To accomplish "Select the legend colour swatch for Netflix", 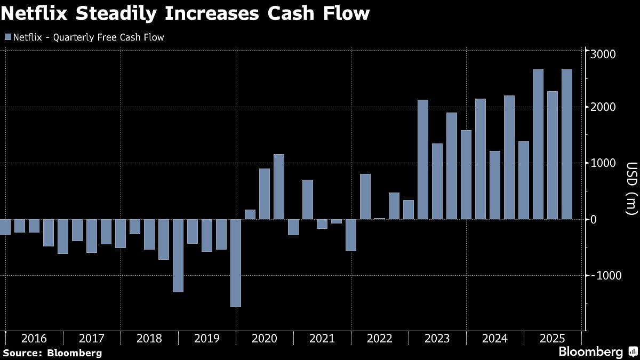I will (x=7, y=37).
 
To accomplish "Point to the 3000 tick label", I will (x=603, y=54).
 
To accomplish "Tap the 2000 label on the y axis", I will (x=603, y=107).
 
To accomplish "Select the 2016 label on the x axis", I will (x=34, y=339).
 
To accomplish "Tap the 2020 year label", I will (x=264, y=339).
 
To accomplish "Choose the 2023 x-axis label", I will (x=437, y=339).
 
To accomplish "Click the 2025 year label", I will (x=552, y=339).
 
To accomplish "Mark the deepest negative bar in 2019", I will (x=235, y=263).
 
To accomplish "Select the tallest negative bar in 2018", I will (x=178, y=255).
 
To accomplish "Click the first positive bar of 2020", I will (x=250, y=214).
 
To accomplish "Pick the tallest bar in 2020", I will (x=278, y=187).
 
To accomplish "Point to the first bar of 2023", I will (x=422, y=159).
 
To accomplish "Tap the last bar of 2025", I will (x=566, y=144).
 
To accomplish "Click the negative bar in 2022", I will (x=350, y=235).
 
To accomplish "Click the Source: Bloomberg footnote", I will (x=52, y=353).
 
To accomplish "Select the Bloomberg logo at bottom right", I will (x=597, y=352).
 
